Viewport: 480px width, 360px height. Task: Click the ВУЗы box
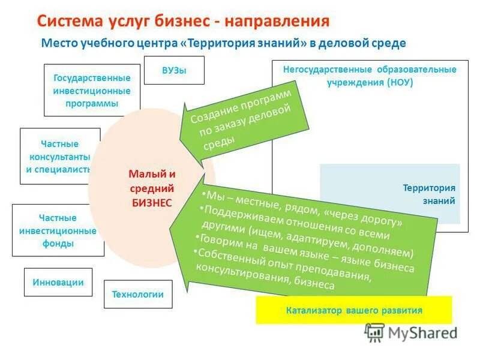coord(174,70)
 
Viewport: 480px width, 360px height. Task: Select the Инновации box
coord(58,282)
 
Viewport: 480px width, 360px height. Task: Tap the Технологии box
coord(137,295)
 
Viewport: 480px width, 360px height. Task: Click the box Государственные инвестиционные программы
coord(92,91)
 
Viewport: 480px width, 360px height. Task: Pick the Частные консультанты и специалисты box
coord(59,156)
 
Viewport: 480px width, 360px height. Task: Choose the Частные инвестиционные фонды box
coord(58,230)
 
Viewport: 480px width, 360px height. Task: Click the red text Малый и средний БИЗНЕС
coord(152,188)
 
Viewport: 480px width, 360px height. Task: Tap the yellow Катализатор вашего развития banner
coord(353,310)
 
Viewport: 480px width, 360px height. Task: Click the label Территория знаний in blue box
coord(429,194)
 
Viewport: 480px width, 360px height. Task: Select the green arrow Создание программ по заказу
coord(243,123)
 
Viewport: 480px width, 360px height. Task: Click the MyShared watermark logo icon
coord(374,332)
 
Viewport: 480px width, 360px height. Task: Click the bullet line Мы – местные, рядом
coord(303,207)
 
